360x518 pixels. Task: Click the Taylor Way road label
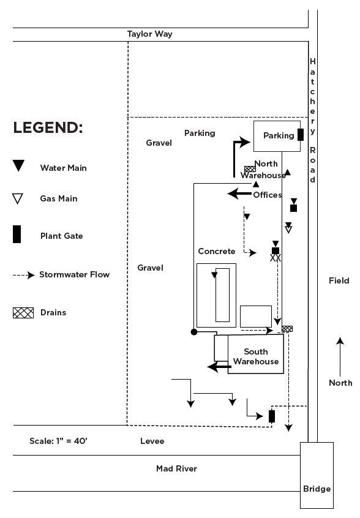pyautogui.click(x=149, y=34)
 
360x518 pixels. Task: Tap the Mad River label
pyautogui.click(x=176, y=468)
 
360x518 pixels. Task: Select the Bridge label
pyautogui.click(x=317, y=489)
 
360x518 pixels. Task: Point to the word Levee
pyautogui.click(x=152, y=441)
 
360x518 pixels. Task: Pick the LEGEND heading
pyautogui.click(x=48, y=127)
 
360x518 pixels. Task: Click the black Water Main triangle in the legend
pyautogui.click(x=18, y=165)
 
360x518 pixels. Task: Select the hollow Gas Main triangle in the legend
pyautogui.click(x=18, y=198)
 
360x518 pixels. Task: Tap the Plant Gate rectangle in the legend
pyautogui.click(x=17, y=235)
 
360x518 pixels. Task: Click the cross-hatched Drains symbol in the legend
pyautogui.click(x=23, y=312)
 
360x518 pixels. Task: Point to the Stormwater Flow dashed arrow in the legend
pyautogui.click(x=23, y=275)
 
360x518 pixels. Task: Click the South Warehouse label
pyautogui.click(x=256, y=356)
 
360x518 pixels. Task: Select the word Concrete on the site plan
pyautogui.click(x=217, y=252)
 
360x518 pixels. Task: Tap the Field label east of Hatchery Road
pyautogui.click(x=339, y=280)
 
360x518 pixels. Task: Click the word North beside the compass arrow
pyautogui.click(x=340, y=383)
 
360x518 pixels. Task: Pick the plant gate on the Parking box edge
pyautogui.click(x=301, y=135)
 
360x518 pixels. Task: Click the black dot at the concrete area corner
pyautogui.click(x=194, y=332)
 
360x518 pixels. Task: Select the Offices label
pyautogui.click(x=268, y=195)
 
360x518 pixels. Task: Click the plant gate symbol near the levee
pyautogui.click(x=272, y=416)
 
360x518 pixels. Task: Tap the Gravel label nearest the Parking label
pyautogui.click(x=159, y=143)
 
